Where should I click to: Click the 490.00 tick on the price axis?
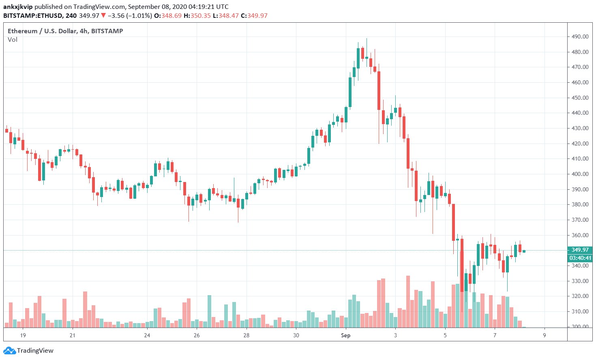580,36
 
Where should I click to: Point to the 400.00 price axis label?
580,174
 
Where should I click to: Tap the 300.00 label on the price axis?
580,326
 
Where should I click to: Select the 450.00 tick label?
580,98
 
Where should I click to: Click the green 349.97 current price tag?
580,250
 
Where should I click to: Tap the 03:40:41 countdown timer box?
580,258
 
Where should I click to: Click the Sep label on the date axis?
345,335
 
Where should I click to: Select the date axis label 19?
23,335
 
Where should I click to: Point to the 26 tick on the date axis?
197,335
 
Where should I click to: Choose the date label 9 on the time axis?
545,335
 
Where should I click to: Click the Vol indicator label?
13,40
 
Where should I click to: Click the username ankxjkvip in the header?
18,7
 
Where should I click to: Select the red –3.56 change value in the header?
116,16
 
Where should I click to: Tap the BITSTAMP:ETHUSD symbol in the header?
33,16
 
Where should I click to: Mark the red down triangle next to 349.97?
103,16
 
